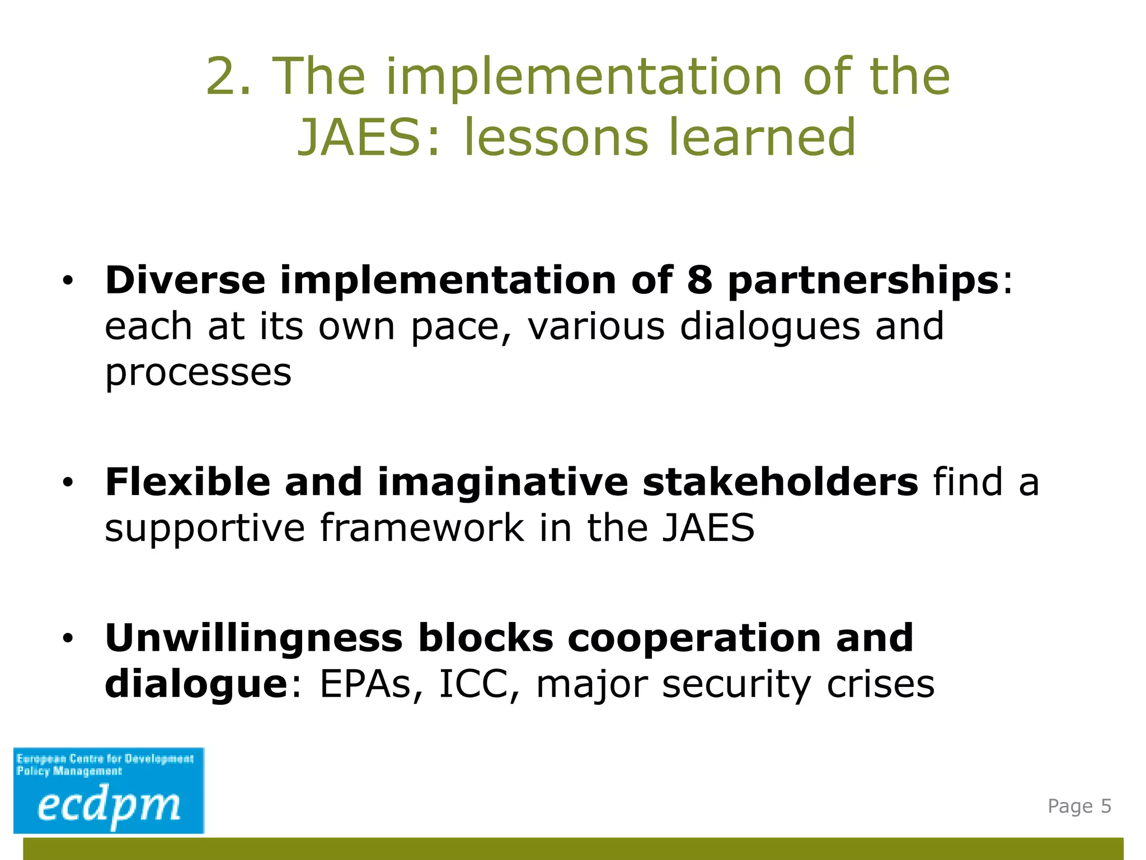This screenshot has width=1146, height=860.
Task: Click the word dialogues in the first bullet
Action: [x=770, y=328]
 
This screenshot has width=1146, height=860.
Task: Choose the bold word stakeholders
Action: [x=780, y=482]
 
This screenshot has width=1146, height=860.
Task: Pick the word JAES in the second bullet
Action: [x=708, y=528]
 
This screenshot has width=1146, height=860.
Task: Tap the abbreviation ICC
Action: [x=473, y=684]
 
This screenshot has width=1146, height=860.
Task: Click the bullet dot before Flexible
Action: [x=68, y=483]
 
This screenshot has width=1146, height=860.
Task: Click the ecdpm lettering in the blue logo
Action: [x=109, y=806]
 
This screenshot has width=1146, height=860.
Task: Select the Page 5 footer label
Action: [x=1079, y=806]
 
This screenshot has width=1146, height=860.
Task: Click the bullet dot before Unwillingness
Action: [x=68, y=638]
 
